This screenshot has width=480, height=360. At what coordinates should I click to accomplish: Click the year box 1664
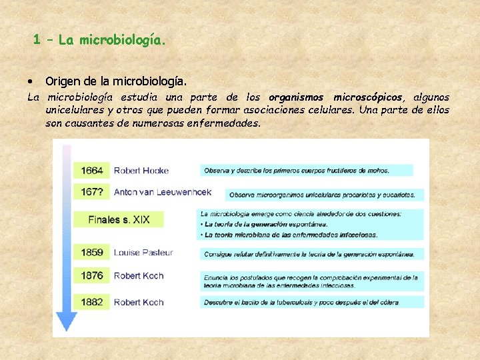92,170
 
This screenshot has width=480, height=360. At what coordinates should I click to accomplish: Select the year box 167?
92,191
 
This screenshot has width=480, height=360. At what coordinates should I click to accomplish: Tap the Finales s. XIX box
119,219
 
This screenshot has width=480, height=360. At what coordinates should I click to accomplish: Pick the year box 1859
92,252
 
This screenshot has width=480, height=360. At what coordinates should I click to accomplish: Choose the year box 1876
92,275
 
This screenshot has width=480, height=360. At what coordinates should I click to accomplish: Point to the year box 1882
92,301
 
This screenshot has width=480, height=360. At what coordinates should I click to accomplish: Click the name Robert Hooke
141,170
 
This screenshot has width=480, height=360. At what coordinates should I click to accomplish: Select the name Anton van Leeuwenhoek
162,192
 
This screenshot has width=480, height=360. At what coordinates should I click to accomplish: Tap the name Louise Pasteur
143,252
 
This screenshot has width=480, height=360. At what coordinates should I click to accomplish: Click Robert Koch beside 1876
138,275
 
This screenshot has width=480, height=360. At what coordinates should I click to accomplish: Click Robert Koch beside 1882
138,302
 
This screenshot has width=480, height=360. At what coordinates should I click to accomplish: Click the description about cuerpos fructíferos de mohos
306,171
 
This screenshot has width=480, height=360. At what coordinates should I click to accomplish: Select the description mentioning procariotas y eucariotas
324,195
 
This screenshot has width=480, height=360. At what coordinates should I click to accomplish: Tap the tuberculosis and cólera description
311,302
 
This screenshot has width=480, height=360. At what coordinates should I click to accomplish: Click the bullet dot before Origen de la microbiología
31,81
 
